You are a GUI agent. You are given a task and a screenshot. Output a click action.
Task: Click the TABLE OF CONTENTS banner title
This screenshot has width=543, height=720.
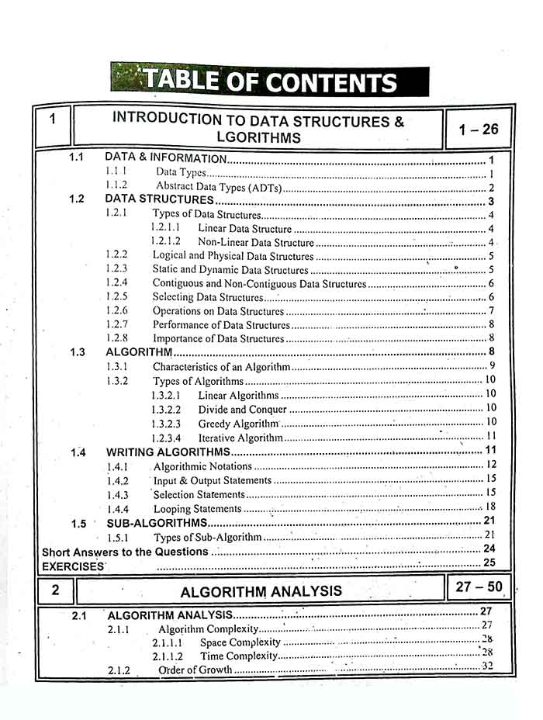tap(269, 81)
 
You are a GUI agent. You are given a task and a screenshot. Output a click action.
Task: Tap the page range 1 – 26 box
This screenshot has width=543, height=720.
tap(478, 130)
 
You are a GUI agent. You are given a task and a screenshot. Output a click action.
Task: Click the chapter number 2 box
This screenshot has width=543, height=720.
tap(55, 590)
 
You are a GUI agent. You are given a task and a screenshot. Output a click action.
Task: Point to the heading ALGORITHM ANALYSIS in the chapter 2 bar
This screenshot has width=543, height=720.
tap(261, 591)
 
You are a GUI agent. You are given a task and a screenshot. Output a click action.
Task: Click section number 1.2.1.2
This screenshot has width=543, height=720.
tap(166, 242)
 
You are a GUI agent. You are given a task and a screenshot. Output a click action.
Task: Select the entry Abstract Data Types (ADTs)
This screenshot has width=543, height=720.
tap(220, 187)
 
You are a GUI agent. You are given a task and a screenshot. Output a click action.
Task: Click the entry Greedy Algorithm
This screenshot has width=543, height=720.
tap(237, 424)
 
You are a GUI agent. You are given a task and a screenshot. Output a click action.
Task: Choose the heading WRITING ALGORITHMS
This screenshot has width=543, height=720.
tap(168, 452)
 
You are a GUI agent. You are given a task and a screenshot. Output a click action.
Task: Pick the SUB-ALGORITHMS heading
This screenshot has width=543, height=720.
tap(157, 523)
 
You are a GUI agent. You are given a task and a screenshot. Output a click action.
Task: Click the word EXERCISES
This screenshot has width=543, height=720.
tap(73, 566)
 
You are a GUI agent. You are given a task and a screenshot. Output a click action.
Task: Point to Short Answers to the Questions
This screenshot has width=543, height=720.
tap(125, 552)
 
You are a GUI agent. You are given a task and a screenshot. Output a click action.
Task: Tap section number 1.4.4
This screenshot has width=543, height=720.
tap(117, 509)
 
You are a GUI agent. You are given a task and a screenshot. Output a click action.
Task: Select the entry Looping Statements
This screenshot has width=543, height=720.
tap(197, 509)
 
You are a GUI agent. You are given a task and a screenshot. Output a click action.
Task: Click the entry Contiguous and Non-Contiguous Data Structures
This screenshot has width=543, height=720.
tap(259, 284)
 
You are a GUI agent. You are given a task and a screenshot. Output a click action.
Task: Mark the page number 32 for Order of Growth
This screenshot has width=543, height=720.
tap(486, 666)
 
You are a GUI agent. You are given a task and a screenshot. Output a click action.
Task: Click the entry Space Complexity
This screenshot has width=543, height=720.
tap(240, 642)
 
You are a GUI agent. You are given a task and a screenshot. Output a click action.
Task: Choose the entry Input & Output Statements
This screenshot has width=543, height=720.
tap(213, 480)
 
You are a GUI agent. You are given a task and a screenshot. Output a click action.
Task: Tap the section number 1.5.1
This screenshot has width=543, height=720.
tap(118, 537)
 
